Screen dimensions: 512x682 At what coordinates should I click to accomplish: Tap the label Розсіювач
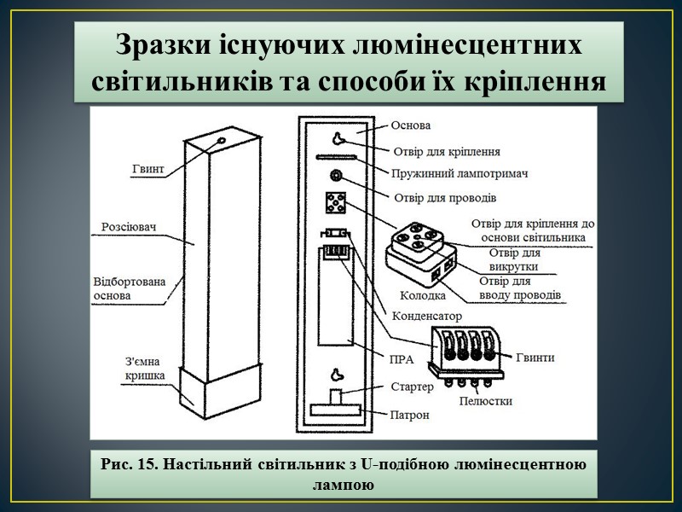click(x=127, y=229)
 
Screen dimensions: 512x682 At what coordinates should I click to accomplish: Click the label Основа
click(x=412, y=125)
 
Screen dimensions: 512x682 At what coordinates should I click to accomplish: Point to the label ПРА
click(x=401, y=359)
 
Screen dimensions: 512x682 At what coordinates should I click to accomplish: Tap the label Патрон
click(x=410, y=416)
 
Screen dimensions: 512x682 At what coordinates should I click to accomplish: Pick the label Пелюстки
click(x=485, y=400)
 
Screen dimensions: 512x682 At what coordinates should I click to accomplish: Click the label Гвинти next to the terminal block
click(x=535, y=358)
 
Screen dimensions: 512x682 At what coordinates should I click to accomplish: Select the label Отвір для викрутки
click(x=514, y=259)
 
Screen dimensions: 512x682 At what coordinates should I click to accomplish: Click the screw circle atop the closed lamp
click(x=222, y=140)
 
